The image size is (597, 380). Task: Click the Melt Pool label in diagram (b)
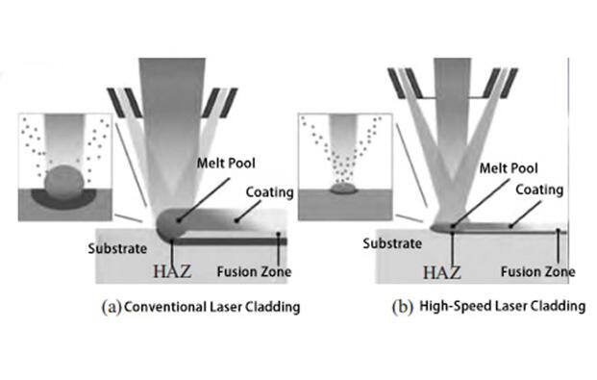tap(508, 165)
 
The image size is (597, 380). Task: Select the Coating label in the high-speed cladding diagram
tap(541, 189)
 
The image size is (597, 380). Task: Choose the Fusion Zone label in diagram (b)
tap(540, 270)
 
